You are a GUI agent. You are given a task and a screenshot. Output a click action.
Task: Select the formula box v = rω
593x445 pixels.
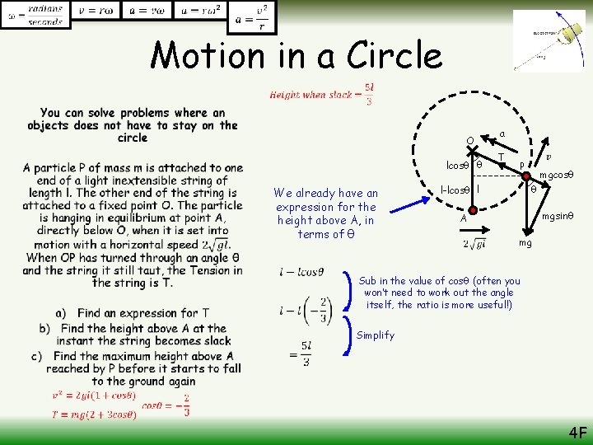[x=96, y=12]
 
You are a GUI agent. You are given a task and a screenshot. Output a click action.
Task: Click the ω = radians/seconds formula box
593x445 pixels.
[x=36, y=14]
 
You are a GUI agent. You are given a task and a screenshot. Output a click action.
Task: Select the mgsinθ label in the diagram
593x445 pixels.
[x=557, y=216]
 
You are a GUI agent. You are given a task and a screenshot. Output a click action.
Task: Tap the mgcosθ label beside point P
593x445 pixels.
[x=556, y=175]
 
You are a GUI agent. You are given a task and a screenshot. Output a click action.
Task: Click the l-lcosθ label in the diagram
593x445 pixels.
[x=455, y=190]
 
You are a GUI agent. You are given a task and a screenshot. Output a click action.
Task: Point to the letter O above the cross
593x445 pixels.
[x=469, y=140]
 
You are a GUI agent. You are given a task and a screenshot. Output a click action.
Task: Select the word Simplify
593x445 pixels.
[x=376, y=335]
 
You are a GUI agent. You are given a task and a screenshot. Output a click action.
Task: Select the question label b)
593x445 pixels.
[x=44, y=328]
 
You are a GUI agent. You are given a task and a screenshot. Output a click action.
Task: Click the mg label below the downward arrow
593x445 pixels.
[x=525, y=244]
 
